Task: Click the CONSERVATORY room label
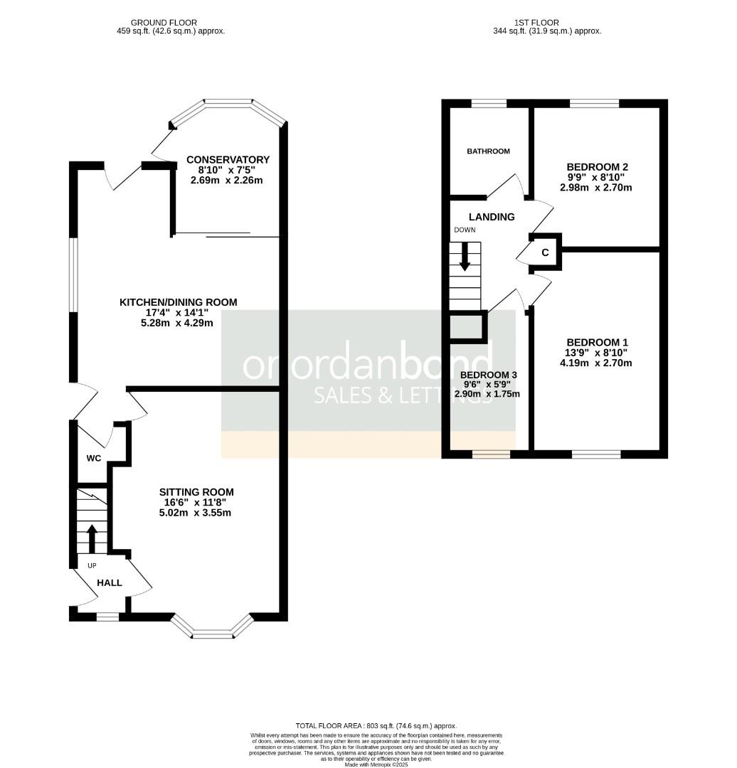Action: (227, 159)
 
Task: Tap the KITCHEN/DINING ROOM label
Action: (178, 302)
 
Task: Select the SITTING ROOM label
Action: (196, 492)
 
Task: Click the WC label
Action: (93, 459)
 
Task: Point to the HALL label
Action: (110, 582)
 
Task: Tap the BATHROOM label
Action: (488, 151)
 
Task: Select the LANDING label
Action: (491, 217)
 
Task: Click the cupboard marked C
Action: (546, 252)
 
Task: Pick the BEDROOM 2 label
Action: (596, 167)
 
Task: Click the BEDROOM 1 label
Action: (596, 342)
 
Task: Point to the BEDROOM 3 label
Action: (488, 375)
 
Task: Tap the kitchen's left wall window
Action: (72, 274)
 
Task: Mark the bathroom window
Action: (489, 104)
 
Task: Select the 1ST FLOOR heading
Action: (546, 23)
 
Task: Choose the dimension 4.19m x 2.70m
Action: (596, 363)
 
